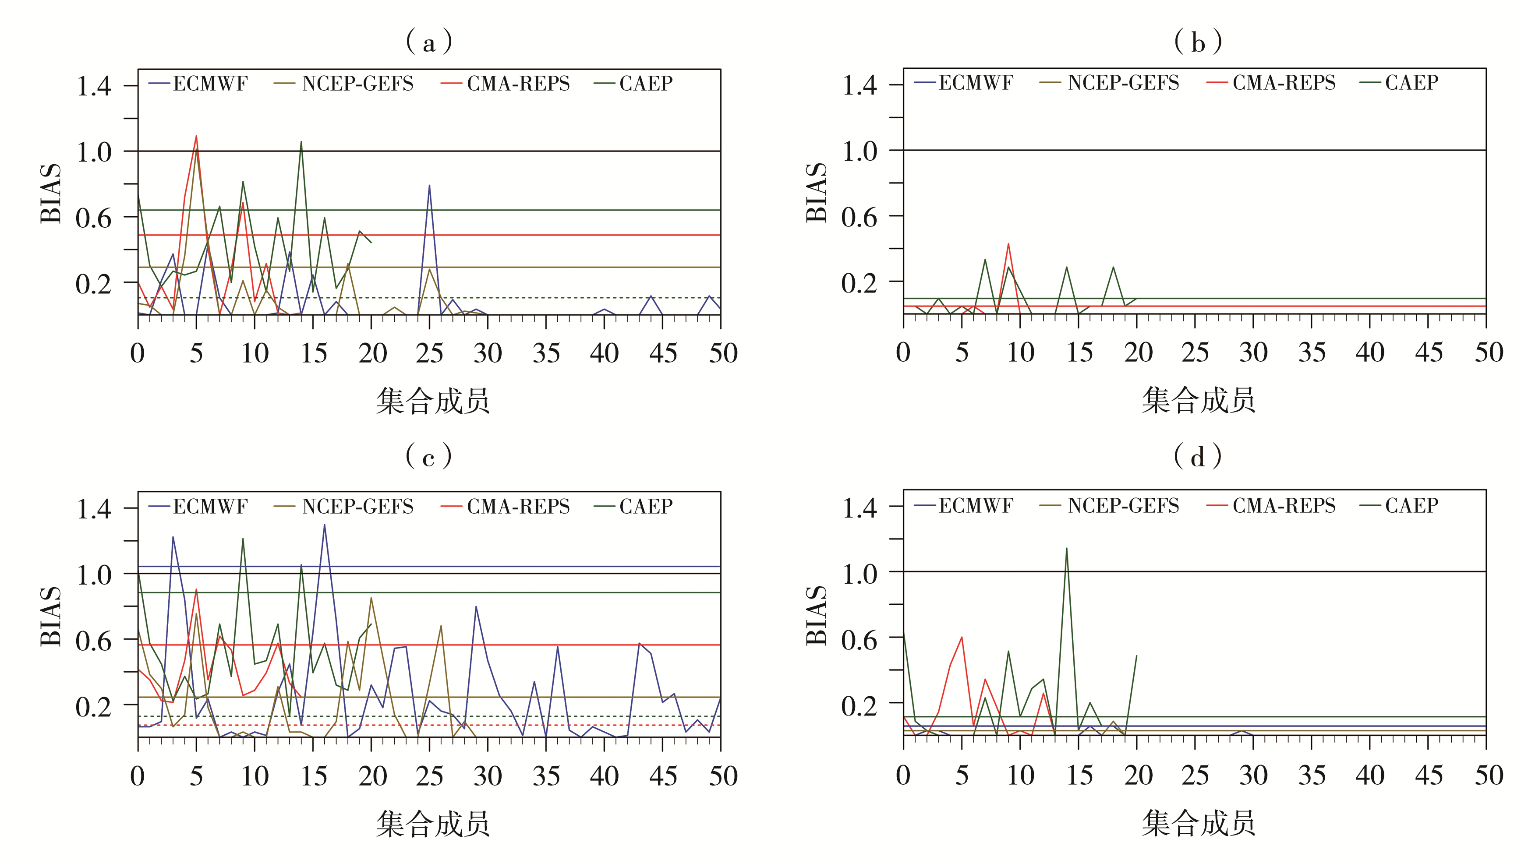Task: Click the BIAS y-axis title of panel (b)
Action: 817,193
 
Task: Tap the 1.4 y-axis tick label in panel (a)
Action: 94,86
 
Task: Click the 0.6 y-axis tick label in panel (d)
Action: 859,640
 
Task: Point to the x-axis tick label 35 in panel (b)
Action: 1312,352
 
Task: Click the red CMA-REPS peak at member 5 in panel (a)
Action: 196,137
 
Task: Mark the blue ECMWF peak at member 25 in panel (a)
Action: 430,186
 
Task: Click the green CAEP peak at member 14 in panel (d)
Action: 1067,548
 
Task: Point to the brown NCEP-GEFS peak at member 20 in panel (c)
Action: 371,598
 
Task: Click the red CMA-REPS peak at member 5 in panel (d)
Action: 962,637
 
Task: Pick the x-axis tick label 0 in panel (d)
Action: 903,775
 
